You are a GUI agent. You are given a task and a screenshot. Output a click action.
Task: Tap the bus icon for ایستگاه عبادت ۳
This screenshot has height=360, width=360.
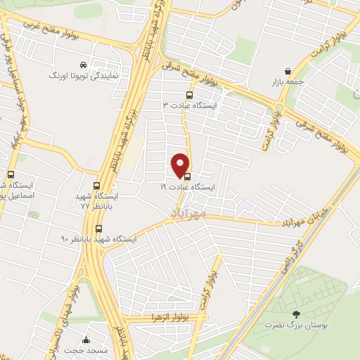(x=188, y=95)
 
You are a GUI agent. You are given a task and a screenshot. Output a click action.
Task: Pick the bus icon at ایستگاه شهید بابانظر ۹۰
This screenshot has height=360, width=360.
(x=98, y=229)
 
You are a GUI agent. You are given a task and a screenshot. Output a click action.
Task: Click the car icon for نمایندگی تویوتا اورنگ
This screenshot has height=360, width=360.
(x=84, y=64)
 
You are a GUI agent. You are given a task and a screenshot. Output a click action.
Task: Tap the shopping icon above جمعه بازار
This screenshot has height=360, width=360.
(x=288, y=71)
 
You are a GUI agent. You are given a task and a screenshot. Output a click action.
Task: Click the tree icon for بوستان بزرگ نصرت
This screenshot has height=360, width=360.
(x=295, y=314)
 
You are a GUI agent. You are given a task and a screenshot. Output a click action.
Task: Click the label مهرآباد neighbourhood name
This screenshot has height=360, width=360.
(x=188, y=211)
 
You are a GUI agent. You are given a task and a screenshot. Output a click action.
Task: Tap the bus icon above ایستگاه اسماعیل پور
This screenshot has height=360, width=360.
(x=10, y=175)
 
